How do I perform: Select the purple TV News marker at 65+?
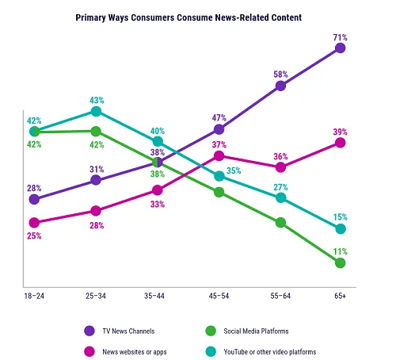coord(341,48)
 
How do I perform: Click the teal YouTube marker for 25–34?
coord(96,112)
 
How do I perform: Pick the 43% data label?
coord(96,99)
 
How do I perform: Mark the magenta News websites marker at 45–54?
coord(219,157)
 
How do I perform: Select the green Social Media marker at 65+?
coord(341,262)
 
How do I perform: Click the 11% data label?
coord(341,251)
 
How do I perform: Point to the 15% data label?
coord(341,216)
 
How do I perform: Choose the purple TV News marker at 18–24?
coord(34,199)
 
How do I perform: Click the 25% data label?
coord(34,236)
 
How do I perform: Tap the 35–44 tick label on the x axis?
coord(157,296)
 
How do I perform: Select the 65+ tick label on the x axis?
coord(341,296)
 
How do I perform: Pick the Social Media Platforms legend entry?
coord(254,330)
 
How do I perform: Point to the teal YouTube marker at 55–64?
coord(280,197)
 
